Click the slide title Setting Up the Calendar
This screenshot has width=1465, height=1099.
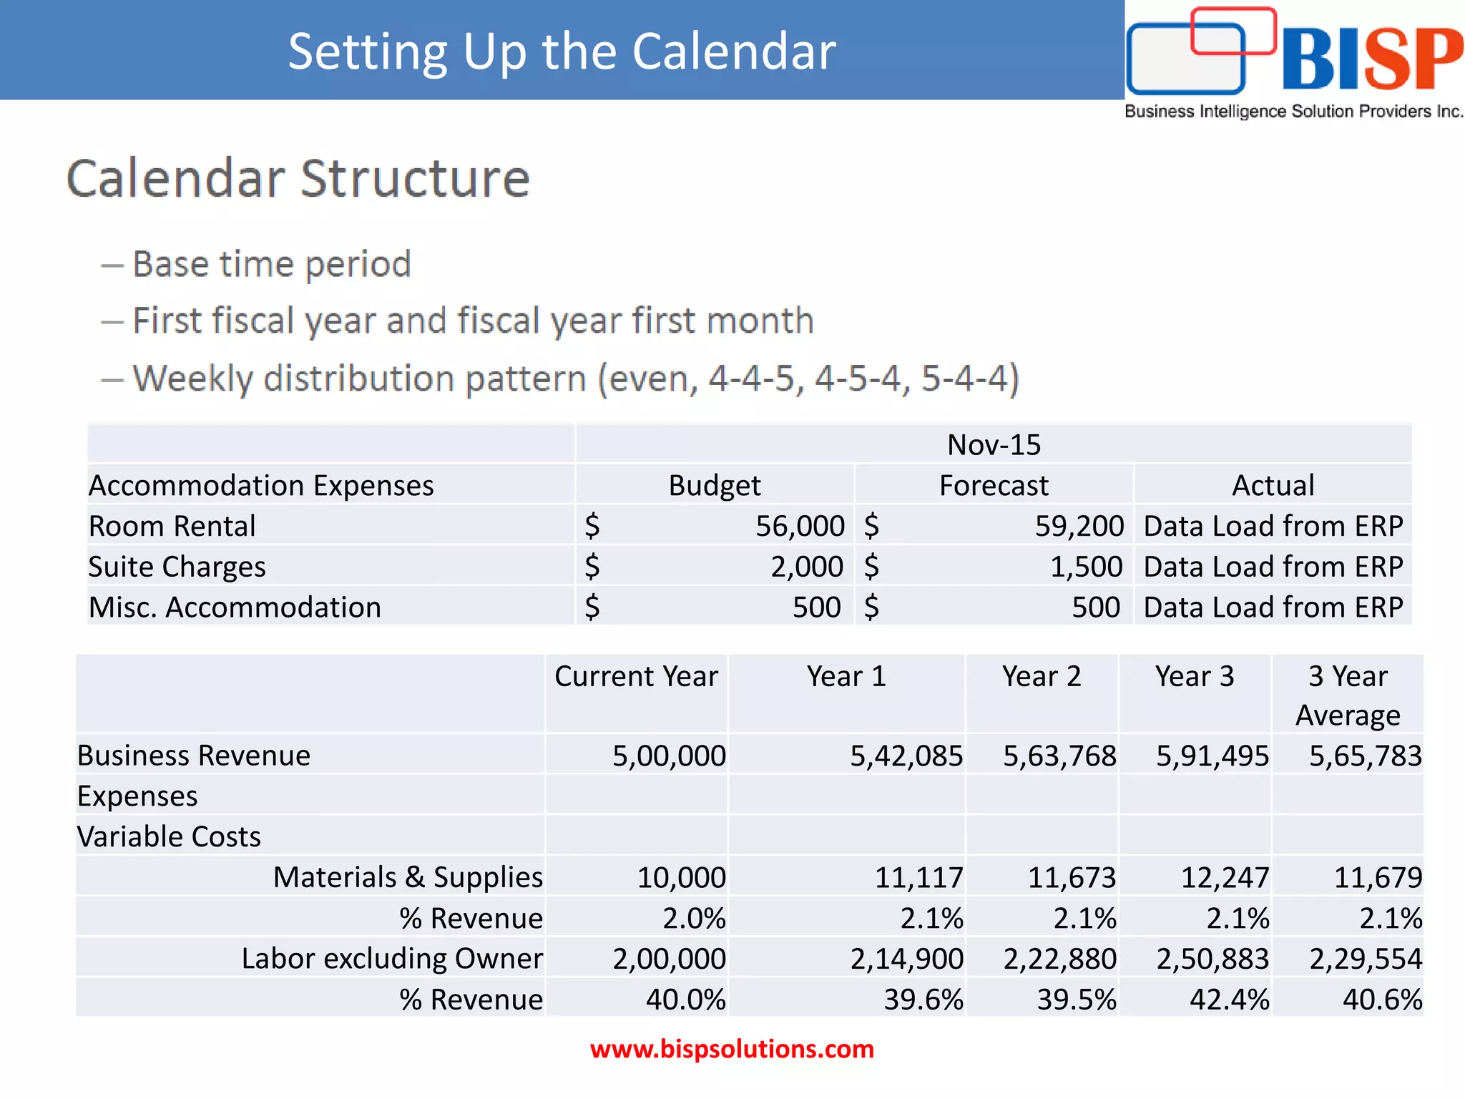tap(562, 52)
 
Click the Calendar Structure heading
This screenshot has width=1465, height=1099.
tap(298, 178)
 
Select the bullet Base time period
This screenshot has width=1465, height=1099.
tap(271, 264)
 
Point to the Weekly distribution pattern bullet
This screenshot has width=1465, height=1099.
tap(575, 378)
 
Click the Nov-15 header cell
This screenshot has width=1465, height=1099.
tap(993, 445)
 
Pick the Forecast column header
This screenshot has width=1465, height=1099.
tap(993, 486)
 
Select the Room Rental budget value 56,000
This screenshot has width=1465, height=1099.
tap(800, 527)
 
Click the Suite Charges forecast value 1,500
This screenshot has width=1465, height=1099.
tap(1085, 567)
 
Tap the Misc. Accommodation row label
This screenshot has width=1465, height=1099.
tap(235, 607)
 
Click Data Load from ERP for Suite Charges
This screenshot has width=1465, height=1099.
tap(1273, 567)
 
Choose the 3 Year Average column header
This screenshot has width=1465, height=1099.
tap(1348, 695)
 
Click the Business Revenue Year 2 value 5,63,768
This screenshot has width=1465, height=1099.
tap(1059, 756)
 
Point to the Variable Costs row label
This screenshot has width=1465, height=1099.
tap(169, 837)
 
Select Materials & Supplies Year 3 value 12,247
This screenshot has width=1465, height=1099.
tap(1224, 878)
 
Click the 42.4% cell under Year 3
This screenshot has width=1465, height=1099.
tap(1229, 1000)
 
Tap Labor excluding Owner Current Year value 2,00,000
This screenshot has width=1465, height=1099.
tap(668, 959)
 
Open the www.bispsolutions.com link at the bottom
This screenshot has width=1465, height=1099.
tap(732, 1049)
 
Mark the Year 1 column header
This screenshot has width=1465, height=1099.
tap(846, 676)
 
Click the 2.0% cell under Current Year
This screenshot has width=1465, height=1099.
tap(693, 919)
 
